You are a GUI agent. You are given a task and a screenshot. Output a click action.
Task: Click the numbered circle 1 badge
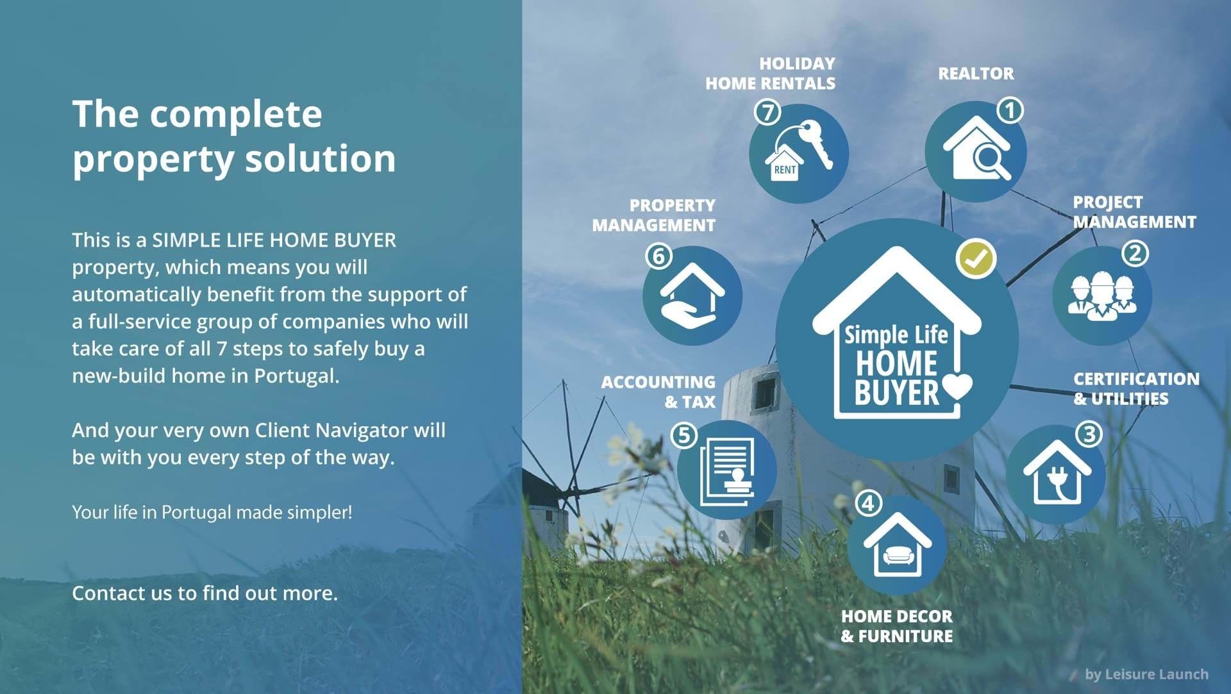coord(1010,110)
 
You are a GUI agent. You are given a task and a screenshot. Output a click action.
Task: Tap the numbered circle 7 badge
coord(767,112)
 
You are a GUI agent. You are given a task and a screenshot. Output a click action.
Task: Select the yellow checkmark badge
coord(976,259)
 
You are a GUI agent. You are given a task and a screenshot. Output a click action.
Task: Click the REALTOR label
coord(976,74)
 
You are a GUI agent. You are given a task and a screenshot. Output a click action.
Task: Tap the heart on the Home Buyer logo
coord(957,386)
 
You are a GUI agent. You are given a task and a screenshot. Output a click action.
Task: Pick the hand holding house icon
coord(692,296)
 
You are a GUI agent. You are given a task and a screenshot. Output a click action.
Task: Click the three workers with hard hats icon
coord(1101,296)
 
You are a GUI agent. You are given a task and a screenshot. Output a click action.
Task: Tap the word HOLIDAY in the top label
coord(797,63)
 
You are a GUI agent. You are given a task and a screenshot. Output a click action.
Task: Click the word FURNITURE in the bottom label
coord(905,636)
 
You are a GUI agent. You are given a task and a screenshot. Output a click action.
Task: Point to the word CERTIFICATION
coord(1136,379)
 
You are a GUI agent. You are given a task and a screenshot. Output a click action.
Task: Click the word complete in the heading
coord(235,115)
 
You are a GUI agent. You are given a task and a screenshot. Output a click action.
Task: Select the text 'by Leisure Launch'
coord(1146,674)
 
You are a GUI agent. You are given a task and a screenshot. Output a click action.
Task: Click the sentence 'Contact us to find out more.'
coord(205,593)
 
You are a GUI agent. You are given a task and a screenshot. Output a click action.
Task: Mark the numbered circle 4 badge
coord(868,503)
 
